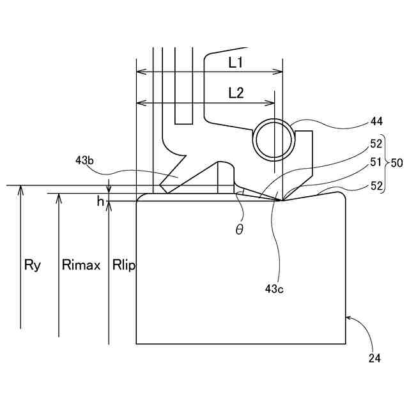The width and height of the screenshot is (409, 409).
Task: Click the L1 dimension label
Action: click(236, 63)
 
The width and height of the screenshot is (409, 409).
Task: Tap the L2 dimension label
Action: click(236, 93)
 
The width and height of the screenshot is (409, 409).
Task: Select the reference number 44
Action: click(377, 121)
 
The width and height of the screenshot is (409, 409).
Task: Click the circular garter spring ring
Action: click(274, 139)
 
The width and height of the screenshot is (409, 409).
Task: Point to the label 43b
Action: click(84, 161)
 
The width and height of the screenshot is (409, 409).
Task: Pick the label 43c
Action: click(274, 289)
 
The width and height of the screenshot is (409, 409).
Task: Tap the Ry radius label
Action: click(31, 265)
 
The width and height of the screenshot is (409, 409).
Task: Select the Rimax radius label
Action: click(81, 265)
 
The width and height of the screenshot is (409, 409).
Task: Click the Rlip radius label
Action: click(123, 265)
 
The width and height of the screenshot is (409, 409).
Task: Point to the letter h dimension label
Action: click(100, 201)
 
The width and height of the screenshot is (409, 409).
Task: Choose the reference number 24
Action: click(374, 359)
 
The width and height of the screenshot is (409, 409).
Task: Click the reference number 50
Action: click(396, 163)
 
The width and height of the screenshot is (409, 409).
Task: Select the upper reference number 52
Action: click(376, 144)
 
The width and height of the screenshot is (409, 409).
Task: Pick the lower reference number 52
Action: click(376, 186)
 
